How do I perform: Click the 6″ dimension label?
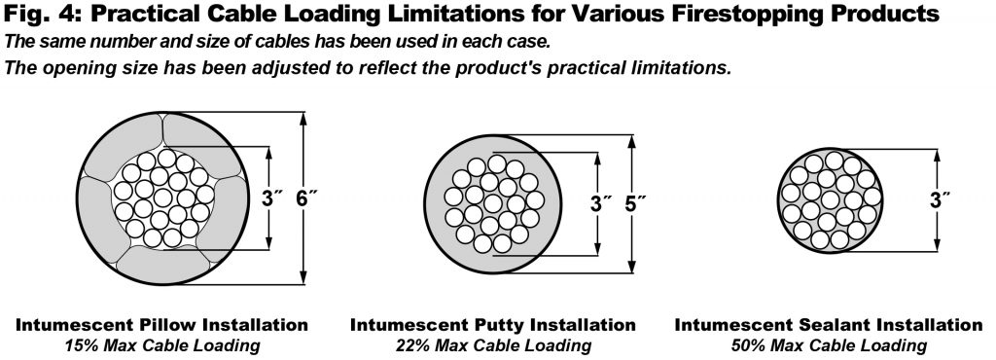pyautogui.click(x=306, y=198)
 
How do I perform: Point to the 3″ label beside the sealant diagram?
pyautogui.click(x=939, y=200)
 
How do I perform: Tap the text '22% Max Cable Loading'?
pyautogui.click(x=493, y=345)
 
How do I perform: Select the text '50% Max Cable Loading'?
pyautogui.click(x=829, y=345)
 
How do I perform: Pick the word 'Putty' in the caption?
pyautogui.click(x=489, y=325)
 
